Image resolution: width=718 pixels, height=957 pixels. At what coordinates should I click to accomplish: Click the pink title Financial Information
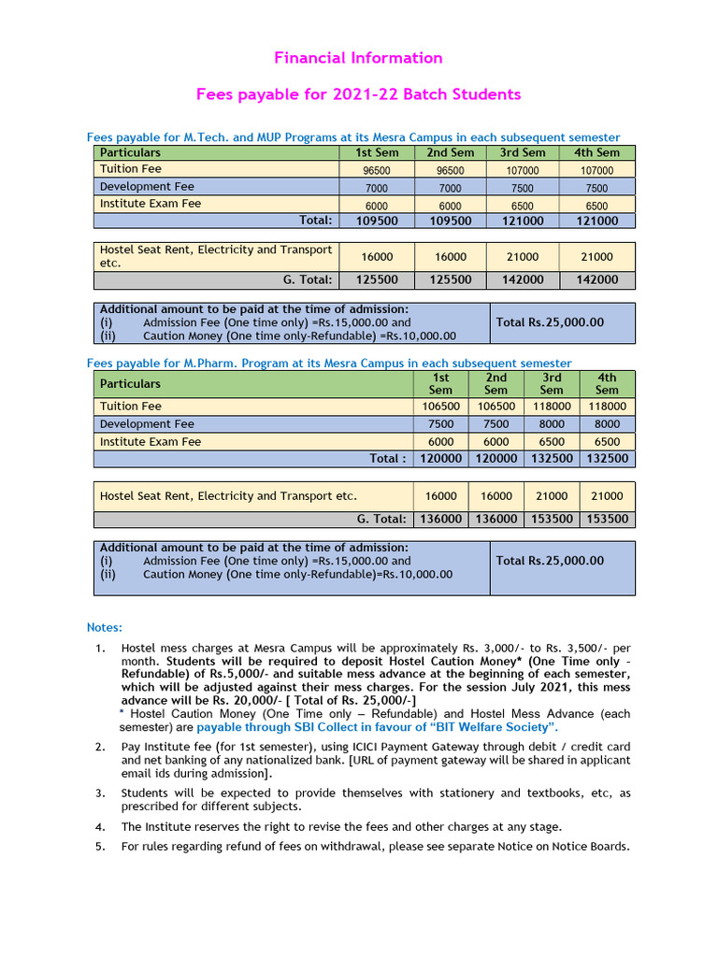[358, 58]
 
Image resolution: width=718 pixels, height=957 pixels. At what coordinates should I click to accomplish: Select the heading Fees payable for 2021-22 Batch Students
[358, 94]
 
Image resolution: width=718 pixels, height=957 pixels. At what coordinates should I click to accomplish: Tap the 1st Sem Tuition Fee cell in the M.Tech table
[377, 170]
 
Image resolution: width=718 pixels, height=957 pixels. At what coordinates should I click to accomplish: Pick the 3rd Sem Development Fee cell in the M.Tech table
[522, 188]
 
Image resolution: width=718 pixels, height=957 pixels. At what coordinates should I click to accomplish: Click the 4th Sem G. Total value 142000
[596, 279]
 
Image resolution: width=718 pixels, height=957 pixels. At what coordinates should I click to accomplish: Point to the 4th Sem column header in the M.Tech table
[596, 152]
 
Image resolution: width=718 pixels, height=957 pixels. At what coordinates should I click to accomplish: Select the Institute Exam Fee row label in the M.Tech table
[151, 204]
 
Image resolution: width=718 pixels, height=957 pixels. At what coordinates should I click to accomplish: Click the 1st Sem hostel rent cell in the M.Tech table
[377, 257]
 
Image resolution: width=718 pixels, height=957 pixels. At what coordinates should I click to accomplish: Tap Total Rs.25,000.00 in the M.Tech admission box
[550, 322]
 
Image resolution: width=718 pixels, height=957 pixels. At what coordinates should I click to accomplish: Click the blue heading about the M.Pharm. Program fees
[329, 363]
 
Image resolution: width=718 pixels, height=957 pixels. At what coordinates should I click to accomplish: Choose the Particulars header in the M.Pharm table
[130, 383]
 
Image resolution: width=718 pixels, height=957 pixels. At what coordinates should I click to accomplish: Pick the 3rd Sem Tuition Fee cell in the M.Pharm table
[552, 407]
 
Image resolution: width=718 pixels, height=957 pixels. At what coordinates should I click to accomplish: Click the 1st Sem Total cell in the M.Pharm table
[440, 459]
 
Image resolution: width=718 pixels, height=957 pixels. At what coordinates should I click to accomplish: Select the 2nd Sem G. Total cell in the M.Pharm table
[495, 519]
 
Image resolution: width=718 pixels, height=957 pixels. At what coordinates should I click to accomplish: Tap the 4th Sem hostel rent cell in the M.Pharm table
[607, 496]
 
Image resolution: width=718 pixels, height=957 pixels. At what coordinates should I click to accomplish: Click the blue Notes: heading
[105, 627]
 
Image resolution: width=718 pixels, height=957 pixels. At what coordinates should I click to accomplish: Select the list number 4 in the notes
[100, 827]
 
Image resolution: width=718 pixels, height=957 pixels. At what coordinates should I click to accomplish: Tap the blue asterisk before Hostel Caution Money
[122, 712]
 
